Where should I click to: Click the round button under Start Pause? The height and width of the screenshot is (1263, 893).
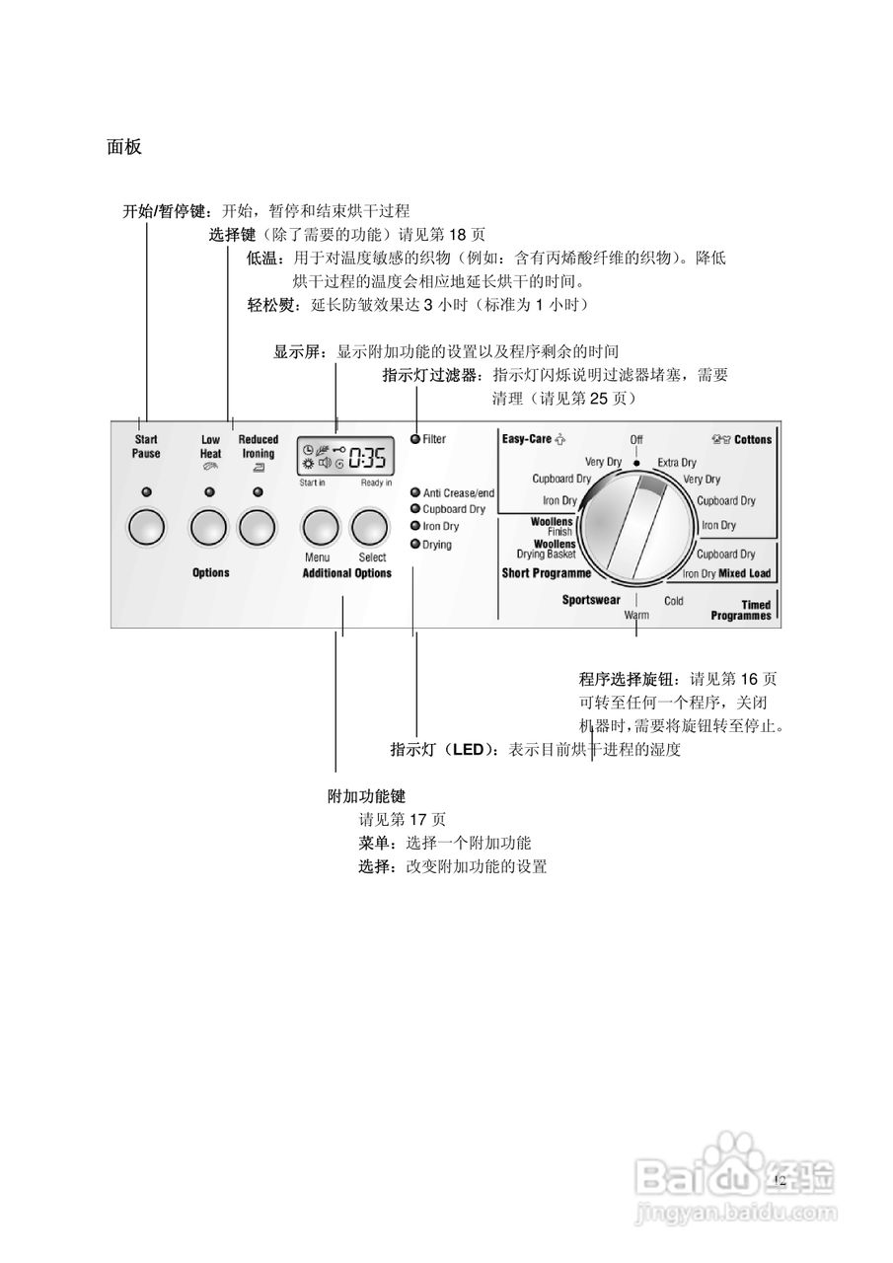pyautogui.click(x=146, y=528)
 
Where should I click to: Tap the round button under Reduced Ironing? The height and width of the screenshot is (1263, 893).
pyautogui.click(x=258, y=528)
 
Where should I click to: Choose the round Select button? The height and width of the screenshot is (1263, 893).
pyautogui.click(x=371, y=528)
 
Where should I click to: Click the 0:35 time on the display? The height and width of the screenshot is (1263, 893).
pyautogui.click(x=366, y=458)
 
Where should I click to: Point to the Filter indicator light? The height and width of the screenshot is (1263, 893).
pyautogui.click(x=415, y=439)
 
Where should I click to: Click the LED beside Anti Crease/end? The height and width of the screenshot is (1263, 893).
pyautogui.click(x=415, y=492)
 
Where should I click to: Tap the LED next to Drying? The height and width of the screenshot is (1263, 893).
pyautogui.click(x=415, y=545)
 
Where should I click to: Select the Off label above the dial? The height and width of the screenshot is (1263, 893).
pyautogui.click(x=636, y=439)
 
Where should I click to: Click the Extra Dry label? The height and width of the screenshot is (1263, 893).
pyautogui.click(x=677, y=462)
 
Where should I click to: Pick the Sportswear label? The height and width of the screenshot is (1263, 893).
pyautogui.click(x=591, y=600)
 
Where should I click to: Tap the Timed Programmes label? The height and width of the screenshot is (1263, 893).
pyautogui.click(x=741, y=611)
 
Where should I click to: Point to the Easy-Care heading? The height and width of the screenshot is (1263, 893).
pyautogui.click(x=527, y=439)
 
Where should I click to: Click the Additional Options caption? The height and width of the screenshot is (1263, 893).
pyautogui.click(x=346, y=573)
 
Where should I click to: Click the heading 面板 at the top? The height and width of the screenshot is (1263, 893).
pyautogui.click(x=124, y=148)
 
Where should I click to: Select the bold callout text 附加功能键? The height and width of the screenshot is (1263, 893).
pyautogui.click(x=367, y=795)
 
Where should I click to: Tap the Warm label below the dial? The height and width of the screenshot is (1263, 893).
pyautogui.click(x=636, y=615)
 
